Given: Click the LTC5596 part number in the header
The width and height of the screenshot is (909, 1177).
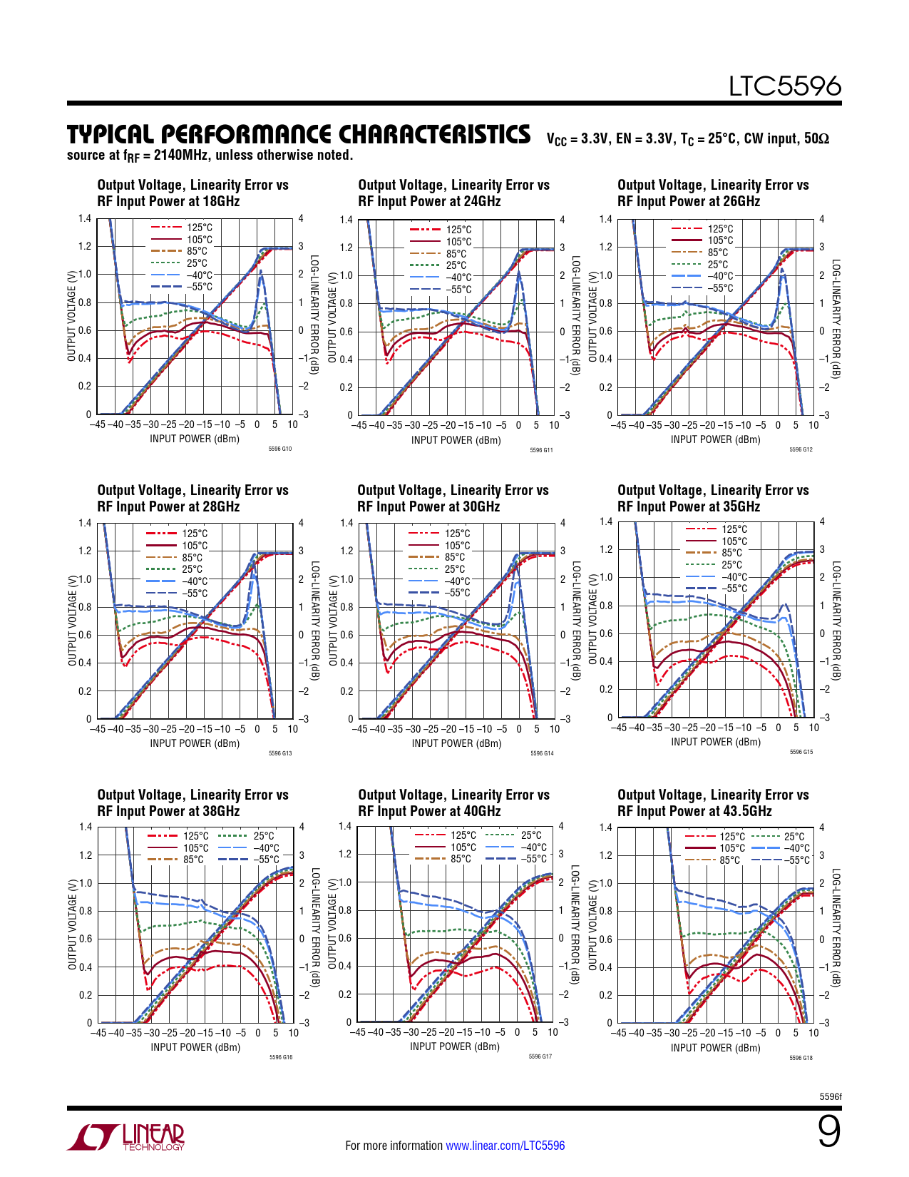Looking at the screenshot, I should click(784, 86).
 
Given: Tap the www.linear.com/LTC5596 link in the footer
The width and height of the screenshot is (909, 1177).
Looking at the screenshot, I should click(505, 1146).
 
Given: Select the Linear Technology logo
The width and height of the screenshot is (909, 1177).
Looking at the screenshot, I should click(126, 1137).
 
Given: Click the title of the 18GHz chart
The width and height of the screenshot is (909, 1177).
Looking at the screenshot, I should click(192, 193).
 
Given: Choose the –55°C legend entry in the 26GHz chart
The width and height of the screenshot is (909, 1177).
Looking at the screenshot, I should click(720, 288).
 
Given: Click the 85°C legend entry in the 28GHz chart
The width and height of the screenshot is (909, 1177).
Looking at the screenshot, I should click(192, 558).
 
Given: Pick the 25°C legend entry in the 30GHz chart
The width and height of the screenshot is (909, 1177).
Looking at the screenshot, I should click(455, 569).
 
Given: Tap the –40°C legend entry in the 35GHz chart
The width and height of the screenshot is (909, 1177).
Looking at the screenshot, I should click(734, 577).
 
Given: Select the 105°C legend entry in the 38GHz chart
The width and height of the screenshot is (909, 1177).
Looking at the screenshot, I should click(195, 848).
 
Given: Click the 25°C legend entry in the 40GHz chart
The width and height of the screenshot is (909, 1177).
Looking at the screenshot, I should click(531, 835).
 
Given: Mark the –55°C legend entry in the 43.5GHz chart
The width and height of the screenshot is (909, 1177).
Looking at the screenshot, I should click(796, 860).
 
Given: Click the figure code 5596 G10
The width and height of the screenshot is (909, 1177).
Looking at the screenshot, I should click(280, 449).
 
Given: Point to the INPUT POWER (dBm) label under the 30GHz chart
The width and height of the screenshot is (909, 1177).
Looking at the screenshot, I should click(456, 743).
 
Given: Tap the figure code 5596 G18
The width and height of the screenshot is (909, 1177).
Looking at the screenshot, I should click(801, 1058).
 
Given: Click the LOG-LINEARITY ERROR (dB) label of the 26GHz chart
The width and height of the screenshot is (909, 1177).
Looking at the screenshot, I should click(837, 318).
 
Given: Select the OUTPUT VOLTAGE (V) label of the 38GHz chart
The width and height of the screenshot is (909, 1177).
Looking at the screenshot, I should click(72, 925).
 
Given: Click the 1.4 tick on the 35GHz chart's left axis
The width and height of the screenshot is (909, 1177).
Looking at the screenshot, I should click(605, 521).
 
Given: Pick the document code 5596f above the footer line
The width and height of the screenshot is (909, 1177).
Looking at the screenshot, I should click(831, 1096).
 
